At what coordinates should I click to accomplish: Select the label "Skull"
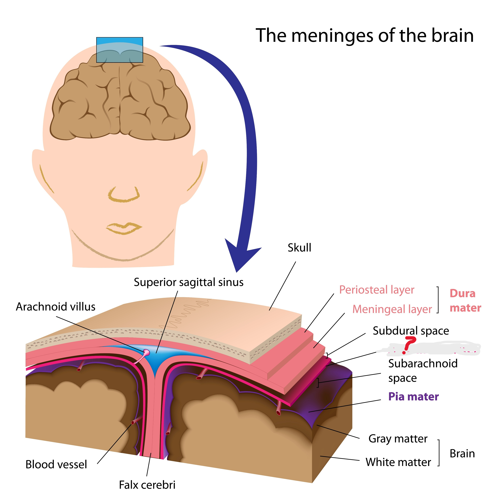point(299,248)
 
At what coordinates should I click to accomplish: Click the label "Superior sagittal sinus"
point(188,282)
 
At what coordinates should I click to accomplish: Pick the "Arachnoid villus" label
point(56,307)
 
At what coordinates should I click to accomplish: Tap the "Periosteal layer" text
point(377,290)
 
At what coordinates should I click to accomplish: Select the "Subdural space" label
point(411,331)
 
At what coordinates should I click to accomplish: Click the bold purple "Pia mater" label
point(413,397)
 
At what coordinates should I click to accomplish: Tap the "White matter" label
point(398,462)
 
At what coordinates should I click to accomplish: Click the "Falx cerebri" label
point(147,485)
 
